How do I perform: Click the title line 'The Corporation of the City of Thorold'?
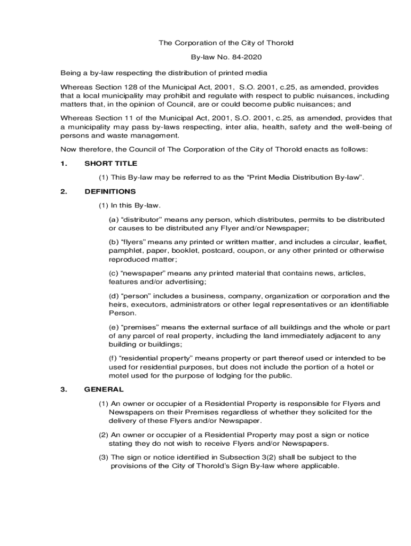pyautogui.click(x=226, y=43)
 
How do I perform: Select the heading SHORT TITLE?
pyautogui.click(x=110, y=163)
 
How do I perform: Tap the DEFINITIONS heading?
pyautogui.click(x=110, y=191)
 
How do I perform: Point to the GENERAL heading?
pyautogui.click(x=104, y=389)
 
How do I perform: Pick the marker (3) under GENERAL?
pyautogui.click(x=104, y=457)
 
